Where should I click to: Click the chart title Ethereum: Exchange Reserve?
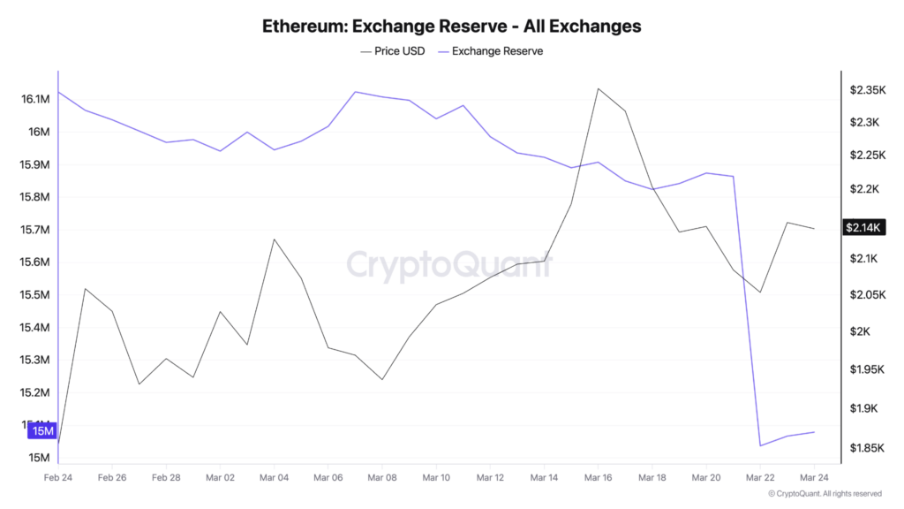(451, 26)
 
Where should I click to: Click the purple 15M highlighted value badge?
(41, 431)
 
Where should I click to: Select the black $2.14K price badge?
(863, 227)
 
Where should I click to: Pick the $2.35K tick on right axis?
(867, 90)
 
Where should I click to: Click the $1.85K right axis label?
(867, 448)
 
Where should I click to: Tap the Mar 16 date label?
(598, 477)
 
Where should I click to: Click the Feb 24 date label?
(58, 477)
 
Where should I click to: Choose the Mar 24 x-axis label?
(813, 477)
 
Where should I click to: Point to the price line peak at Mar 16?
(598, 88)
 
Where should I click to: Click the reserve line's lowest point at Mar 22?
(760, 445)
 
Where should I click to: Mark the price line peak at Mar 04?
(275, 239)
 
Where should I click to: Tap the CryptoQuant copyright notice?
(825, 494)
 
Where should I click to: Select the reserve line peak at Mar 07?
(355, 91)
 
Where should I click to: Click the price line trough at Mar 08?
(382, 379)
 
